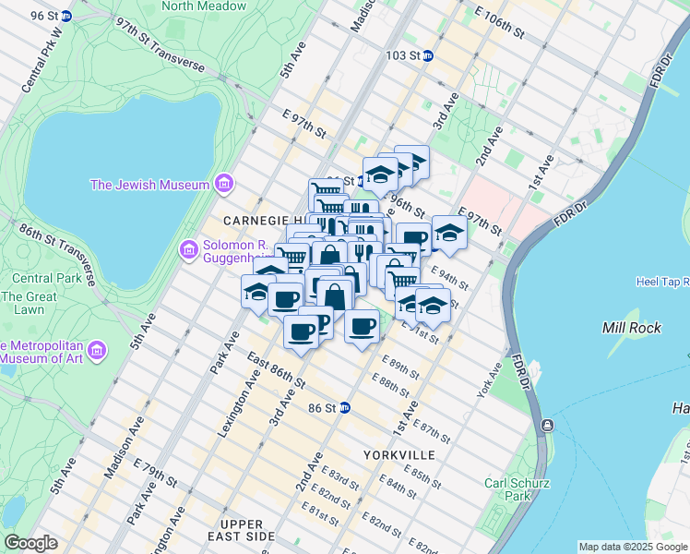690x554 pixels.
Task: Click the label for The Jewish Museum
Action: [x=149, y=185]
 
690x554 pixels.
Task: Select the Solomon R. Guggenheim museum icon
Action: [x=188, y=249]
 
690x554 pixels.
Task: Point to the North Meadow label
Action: [x=204, y=6]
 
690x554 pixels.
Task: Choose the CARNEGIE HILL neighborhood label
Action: [x=258, y=222]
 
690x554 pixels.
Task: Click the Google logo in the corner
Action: [x=31, y=543]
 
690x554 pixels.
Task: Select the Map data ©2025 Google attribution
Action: [x=633, y=547]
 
